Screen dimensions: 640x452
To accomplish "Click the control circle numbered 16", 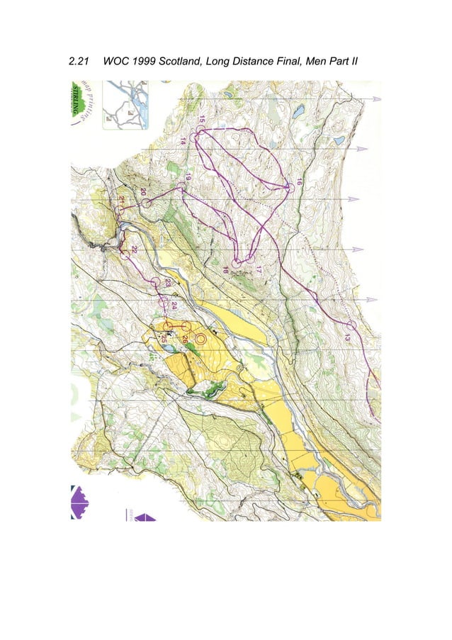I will click(x=289, y=187).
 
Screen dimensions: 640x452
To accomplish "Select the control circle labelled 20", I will click(x=147, y=203).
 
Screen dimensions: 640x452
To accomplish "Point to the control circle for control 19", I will click(x=181, y=186).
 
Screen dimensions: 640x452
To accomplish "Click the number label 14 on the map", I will click(x=183, y=140).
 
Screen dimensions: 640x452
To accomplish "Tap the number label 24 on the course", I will click(x=174, y=304).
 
